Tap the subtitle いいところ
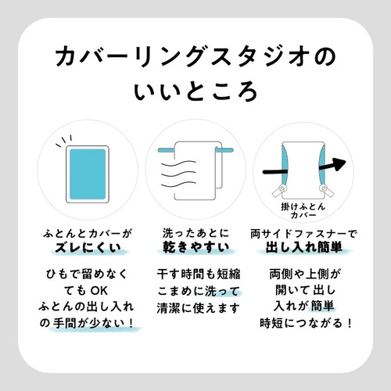point(195,91)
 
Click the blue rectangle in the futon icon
point(88,174)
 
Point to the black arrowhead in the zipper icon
point(338,164)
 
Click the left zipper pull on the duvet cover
point(279,191)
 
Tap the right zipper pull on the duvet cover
point(326,191)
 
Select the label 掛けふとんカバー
point(303,211)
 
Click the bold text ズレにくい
point(88,248)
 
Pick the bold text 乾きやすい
point(196,247)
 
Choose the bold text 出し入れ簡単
point(303,247)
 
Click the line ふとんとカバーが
point(88,234)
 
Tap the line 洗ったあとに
point(196,233)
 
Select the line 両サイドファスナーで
point(303,234)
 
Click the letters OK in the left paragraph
point(99,291)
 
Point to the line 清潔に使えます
point(198,308)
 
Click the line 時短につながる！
point(306,324)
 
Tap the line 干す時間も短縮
point(199,274)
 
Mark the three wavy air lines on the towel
point(178,174)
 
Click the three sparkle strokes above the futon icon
point(63,141)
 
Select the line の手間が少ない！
point(87,324)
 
